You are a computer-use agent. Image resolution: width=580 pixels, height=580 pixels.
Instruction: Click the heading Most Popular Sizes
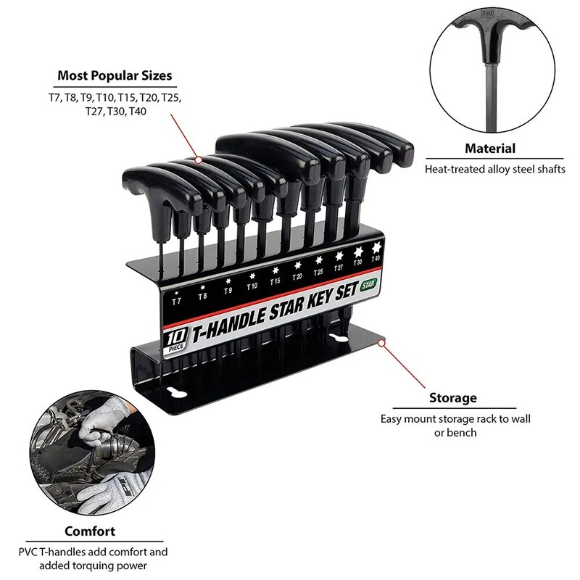pos(115,75)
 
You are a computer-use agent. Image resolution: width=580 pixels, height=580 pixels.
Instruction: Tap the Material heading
pos(490,149)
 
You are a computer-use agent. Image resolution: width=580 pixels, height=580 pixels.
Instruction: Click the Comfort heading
pos(89,530)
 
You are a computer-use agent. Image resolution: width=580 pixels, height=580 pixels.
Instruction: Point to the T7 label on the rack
pos(176,299)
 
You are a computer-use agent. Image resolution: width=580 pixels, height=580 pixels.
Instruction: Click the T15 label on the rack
pos(275,281)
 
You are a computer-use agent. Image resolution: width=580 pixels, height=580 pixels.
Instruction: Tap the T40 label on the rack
pos(375,258)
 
